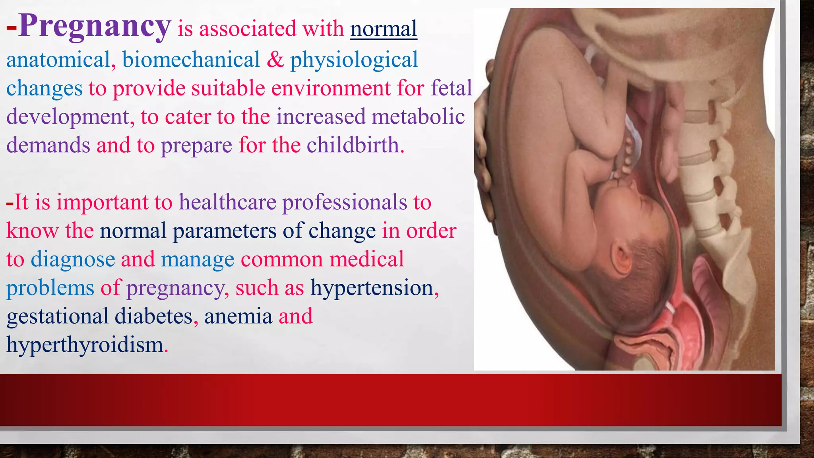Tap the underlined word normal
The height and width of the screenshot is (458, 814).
click(384, 29)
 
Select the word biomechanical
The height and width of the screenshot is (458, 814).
click(191, 60)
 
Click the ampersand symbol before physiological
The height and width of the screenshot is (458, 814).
click(275, 60)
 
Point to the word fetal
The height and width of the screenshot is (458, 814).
click(452, 88)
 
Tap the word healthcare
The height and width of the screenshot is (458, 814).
click(227, 202)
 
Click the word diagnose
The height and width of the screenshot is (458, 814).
click(73, 259)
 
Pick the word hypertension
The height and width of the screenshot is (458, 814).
click(372, 287)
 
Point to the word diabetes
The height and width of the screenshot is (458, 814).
click(153, 316)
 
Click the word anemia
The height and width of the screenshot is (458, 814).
click(238, 316)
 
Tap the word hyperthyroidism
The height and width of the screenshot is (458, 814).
click(85, 345)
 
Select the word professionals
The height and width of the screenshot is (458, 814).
click(345, 202)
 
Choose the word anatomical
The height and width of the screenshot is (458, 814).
click(58, 60)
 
